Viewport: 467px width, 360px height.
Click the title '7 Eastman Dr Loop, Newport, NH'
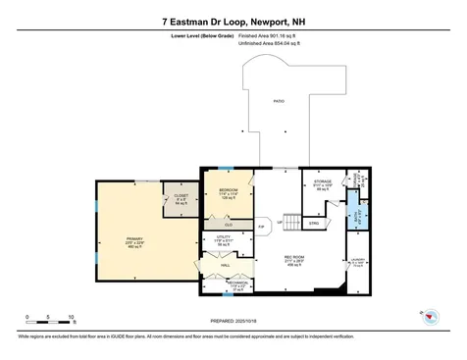(233, 20)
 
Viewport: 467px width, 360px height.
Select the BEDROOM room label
(228, 189)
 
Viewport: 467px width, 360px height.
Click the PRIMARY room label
(133, 238)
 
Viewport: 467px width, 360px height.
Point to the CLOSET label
(182, 197)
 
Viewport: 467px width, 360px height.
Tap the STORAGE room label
(323, 182)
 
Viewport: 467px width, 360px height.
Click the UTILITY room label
(223, 238)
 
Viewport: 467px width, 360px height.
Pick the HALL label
(225, 266)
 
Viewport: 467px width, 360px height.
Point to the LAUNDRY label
(357, 261)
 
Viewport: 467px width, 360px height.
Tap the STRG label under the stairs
(315, 224)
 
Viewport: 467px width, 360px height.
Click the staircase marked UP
(291, 224)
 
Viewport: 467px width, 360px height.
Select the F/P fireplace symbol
(260, 227)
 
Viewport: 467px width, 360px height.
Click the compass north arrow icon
(430, 315)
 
